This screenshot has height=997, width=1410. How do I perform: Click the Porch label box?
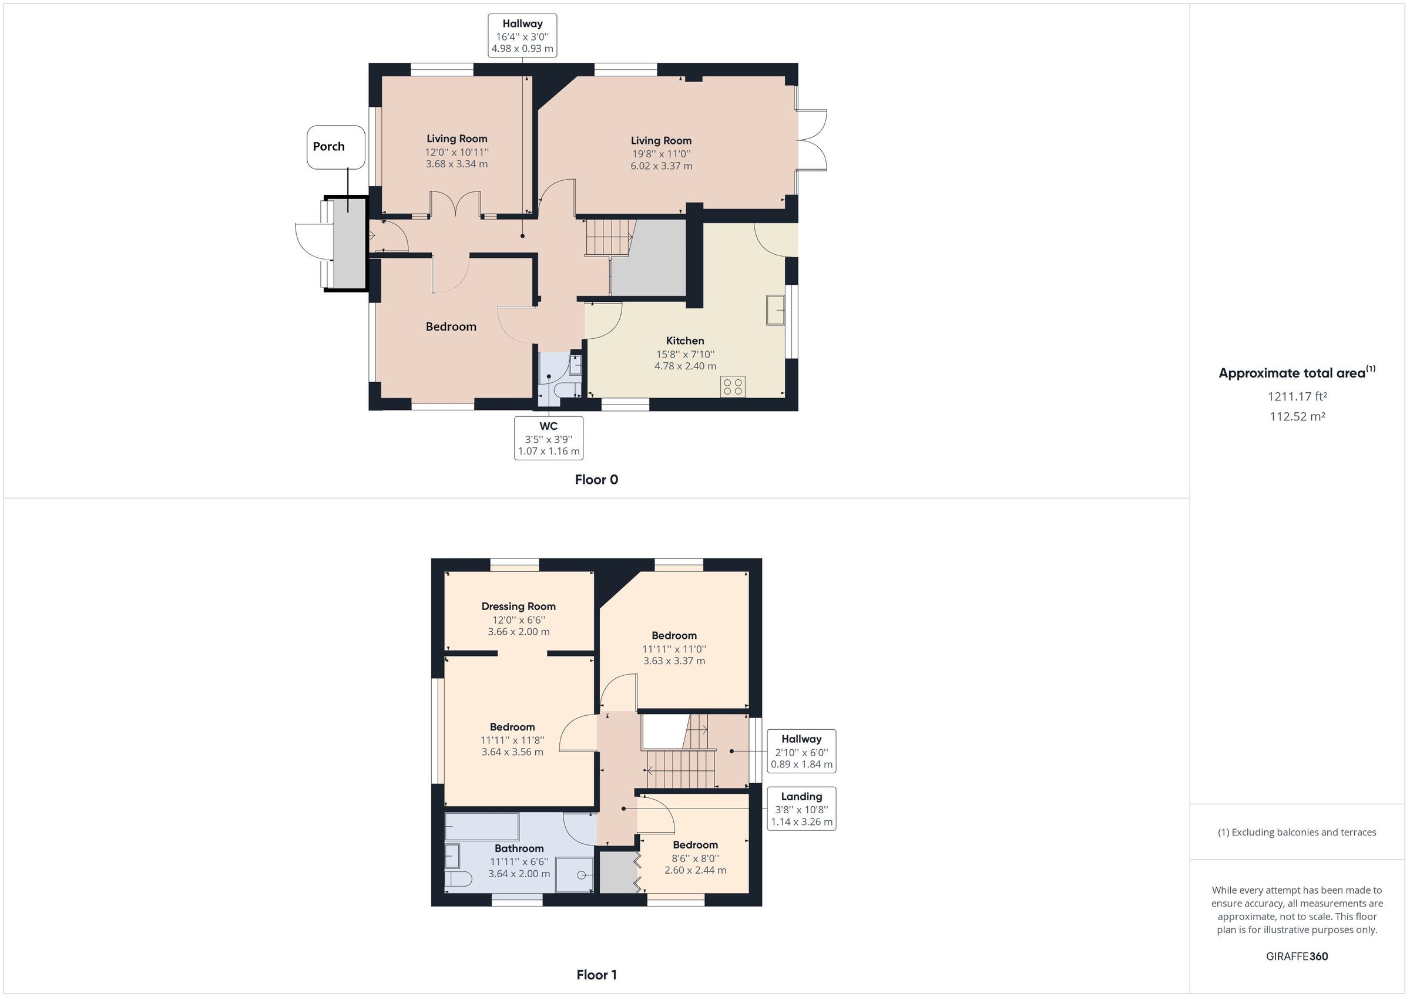[335, 147]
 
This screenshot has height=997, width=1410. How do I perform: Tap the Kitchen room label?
[685, 341]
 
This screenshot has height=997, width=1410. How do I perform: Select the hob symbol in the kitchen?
[733, 387]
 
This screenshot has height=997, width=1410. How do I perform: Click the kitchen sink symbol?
[775, 309]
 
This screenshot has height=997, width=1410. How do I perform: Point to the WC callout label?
[548, 437]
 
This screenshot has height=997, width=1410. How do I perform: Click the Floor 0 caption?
[596, 480]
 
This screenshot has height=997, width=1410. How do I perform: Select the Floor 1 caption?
[596, 975]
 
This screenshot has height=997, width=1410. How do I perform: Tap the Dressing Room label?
[518, 607]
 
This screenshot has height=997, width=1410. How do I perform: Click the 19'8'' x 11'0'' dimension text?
[661, 154]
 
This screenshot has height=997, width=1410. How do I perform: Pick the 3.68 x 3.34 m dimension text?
[456, 164]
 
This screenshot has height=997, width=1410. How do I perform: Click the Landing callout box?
[801, 809]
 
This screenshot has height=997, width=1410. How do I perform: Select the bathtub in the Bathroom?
[482, 827]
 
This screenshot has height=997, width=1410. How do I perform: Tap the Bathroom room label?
[519, 848]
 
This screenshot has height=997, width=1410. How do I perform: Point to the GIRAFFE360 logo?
[1297, 956]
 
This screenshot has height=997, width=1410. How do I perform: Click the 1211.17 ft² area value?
[1297, 396]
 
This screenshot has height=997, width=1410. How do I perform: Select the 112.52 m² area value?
[1297, 416]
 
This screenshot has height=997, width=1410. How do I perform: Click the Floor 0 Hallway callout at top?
[522, 36]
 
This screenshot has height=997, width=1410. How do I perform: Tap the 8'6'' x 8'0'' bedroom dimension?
[695, 858]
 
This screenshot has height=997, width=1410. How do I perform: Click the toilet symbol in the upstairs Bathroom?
[458, 878]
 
